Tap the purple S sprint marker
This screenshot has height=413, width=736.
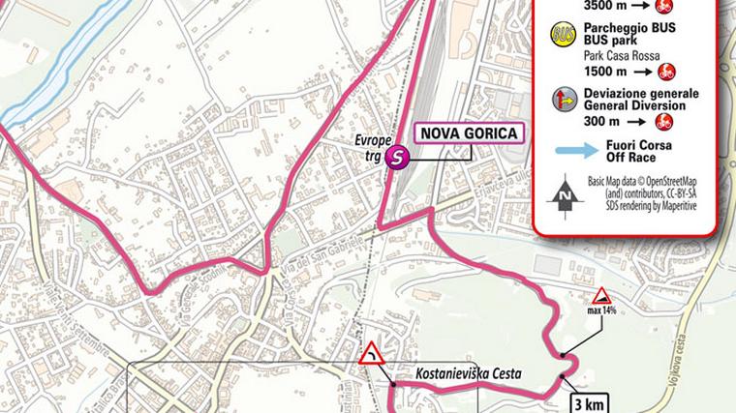point(395,159)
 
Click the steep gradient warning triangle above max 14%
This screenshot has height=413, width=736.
point(601,295)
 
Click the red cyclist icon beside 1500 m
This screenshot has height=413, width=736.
point(665,71)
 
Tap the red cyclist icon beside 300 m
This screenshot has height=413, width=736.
point(665,122)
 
